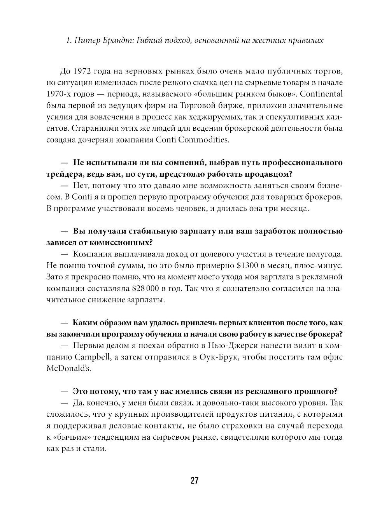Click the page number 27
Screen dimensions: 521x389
194,480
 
